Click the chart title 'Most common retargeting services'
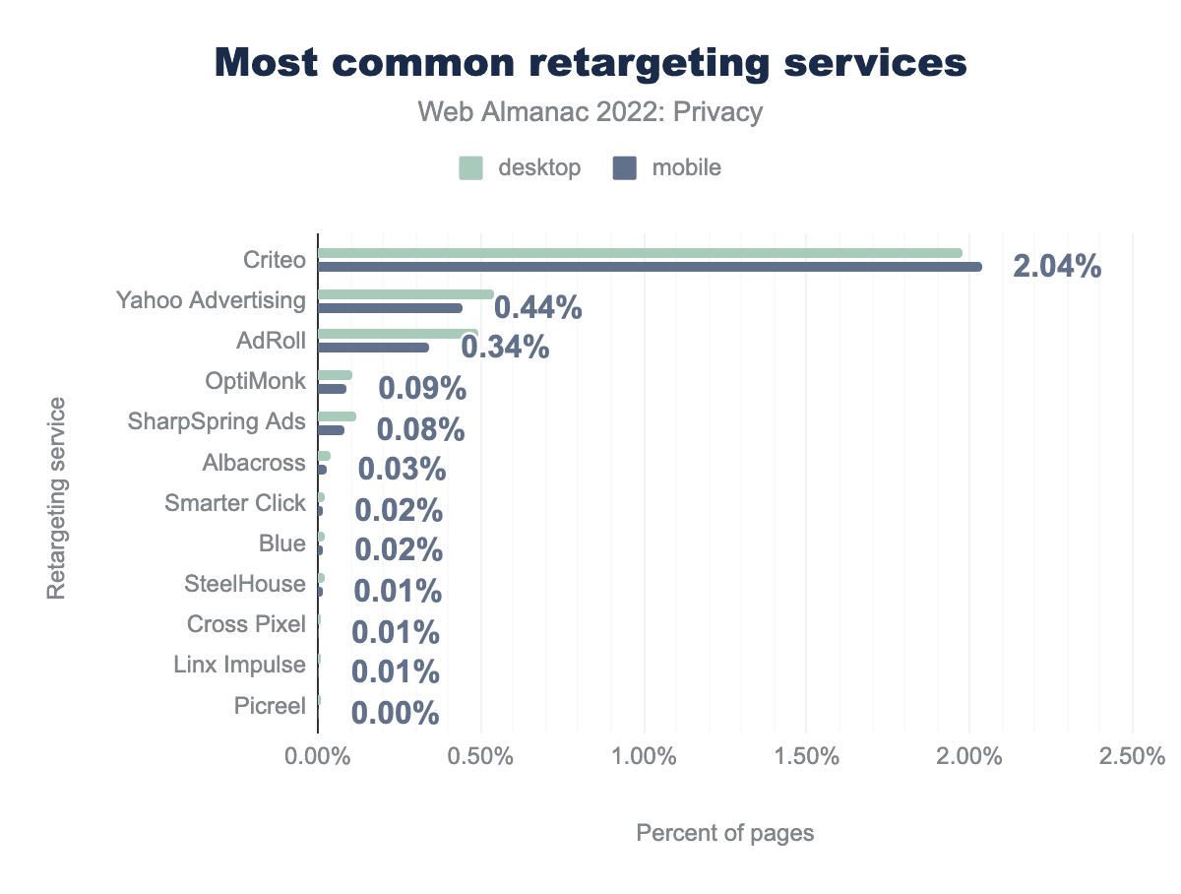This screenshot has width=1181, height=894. click(x=590, y=62)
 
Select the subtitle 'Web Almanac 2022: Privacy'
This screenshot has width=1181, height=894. click(x=590, y=112)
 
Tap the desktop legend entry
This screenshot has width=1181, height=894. click(x=520, y=167)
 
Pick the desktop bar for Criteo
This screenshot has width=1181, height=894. click(x=640, y=253)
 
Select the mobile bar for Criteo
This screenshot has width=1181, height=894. click(x=650, y=267)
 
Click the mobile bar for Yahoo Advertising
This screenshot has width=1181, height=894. click(x=390, y=308)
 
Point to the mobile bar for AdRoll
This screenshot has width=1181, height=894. click(x=373, y=348)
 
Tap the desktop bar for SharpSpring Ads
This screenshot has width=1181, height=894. click(x=336, y=416)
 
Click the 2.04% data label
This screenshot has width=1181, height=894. click(x=1056, y=267)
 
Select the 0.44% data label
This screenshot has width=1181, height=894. click(x=537, y=308)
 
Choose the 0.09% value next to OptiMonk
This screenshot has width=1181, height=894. click(x=422, y=388)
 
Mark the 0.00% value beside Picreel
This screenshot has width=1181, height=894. click(x=395, y=713)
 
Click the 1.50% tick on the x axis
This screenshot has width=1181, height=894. click(x=806, y=757)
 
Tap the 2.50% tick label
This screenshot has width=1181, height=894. click(x=1132, y=757)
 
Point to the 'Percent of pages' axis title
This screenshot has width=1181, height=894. click(x=725, y=833)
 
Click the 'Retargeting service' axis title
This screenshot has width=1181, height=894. click(x=56, y=497)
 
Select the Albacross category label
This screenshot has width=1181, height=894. click(x=254, y=463)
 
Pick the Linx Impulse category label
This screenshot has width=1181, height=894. click(x=239, y=665)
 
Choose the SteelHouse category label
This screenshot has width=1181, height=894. click(x=245, y=584)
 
